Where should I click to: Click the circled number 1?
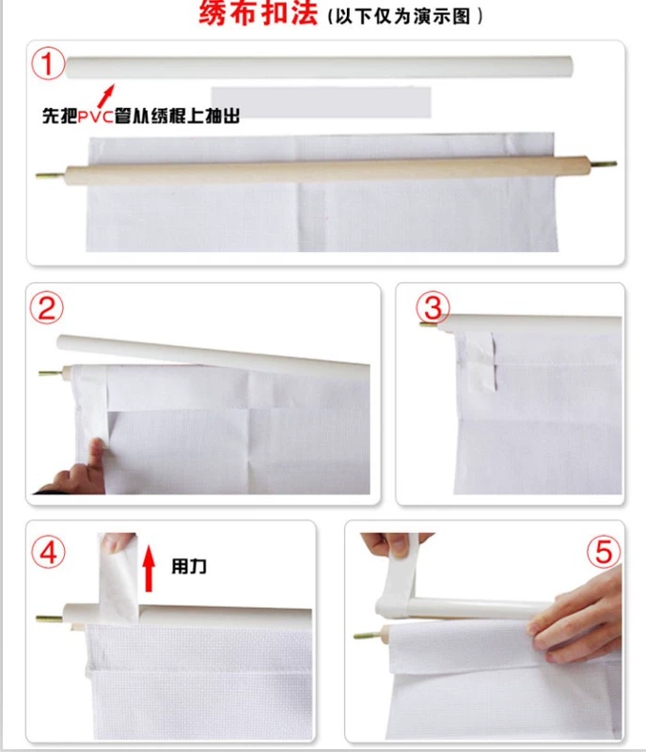click(x=48, y=64)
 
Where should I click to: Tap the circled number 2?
click(x=46, y=308)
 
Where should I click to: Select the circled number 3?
click(x=433, y=308)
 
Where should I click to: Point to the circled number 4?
click(x=49, y=553)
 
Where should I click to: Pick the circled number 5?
click(x=604, y=552)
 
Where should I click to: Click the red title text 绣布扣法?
click(x=258, y=13)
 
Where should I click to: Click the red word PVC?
click(x=95, y=116)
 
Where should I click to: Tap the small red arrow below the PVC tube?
click(x=106, y=96)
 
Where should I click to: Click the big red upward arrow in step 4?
click(x=149, y=569)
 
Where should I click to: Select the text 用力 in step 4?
click(x=189, y=567)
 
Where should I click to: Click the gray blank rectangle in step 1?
click(x=321, y=102)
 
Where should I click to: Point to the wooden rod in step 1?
click(x=326, y=170)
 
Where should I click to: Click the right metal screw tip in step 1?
click(x=603, y=164)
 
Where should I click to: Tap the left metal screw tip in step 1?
click(x=51, y=175)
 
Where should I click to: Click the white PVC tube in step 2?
click(x=213, y=355)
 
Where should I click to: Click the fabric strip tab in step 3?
click(x=476, y=360)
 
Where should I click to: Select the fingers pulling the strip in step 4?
click(x=118, y=542)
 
